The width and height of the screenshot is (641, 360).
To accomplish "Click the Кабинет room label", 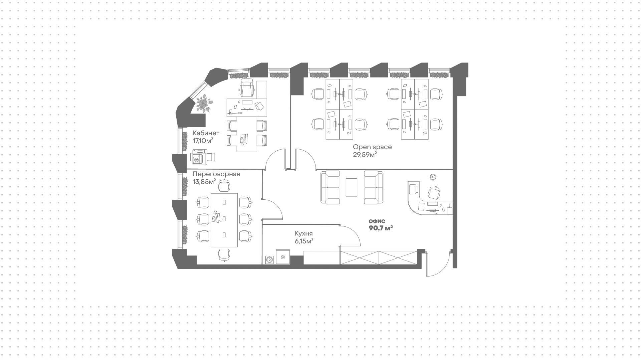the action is coord(206,133).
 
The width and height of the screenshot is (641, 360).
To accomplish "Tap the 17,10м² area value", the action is coord(203,141).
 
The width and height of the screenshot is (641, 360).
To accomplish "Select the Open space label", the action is coord(372,147).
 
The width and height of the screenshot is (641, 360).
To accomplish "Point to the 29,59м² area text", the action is coord(365,155).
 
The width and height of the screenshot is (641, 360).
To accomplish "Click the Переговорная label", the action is coord(216,174).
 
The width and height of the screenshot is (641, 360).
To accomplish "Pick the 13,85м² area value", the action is coord(204,182).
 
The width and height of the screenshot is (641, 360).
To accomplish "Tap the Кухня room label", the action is coord(304,234).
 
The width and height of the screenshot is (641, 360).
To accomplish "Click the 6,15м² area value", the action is coord(304,241).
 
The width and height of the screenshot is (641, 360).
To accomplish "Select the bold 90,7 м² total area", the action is coord(381,228).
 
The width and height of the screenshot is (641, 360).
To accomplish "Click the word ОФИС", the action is coord(377,221).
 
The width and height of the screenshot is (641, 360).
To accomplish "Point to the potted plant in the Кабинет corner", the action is coord(203,103).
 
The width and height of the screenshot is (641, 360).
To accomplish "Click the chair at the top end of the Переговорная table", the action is coord(224,185).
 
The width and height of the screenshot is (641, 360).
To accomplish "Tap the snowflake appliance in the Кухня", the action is coord(283,257).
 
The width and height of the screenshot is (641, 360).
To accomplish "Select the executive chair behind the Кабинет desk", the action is coord(247,87).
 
